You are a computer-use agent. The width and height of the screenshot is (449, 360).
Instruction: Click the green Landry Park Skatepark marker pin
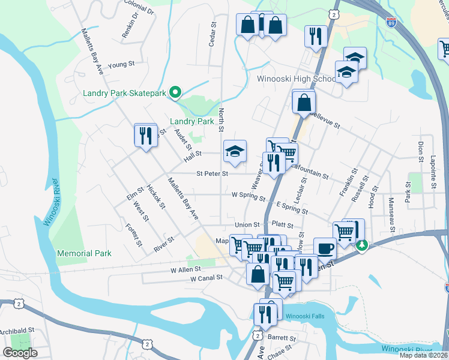coord(175,92)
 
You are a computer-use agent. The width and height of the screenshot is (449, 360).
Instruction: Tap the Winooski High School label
coord(295,79)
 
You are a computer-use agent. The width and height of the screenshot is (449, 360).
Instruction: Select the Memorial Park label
coord(85,253)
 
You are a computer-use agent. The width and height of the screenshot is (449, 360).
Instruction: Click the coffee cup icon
coord(325,247)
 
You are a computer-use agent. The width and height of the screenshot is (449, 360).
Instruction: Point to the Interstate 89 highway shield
coord(391,23)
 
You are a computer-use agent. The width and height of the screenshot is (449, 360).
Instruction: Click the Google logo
coord(20,353)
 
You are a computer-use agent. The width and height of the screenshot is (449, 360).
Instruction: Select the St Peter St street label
coord(213,174)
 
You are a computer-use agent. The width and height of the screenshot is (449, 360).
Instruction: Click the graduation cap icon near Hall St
coord(235,151)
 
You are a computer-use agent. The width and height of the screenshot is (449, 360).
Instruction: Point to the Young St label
coord(121,64)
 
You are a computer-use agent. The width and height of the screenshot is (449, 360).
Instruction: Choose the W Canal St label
coord(206,278)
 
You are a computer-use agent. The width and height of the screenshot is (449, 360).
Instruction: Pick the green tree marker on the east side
coord(361,245)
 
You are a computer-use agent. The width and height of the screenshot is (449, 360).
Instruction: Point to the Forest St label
coord(133,235)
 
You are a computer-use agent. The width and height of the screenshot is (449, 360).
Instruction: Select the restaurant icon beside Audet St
coord(145,136)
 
